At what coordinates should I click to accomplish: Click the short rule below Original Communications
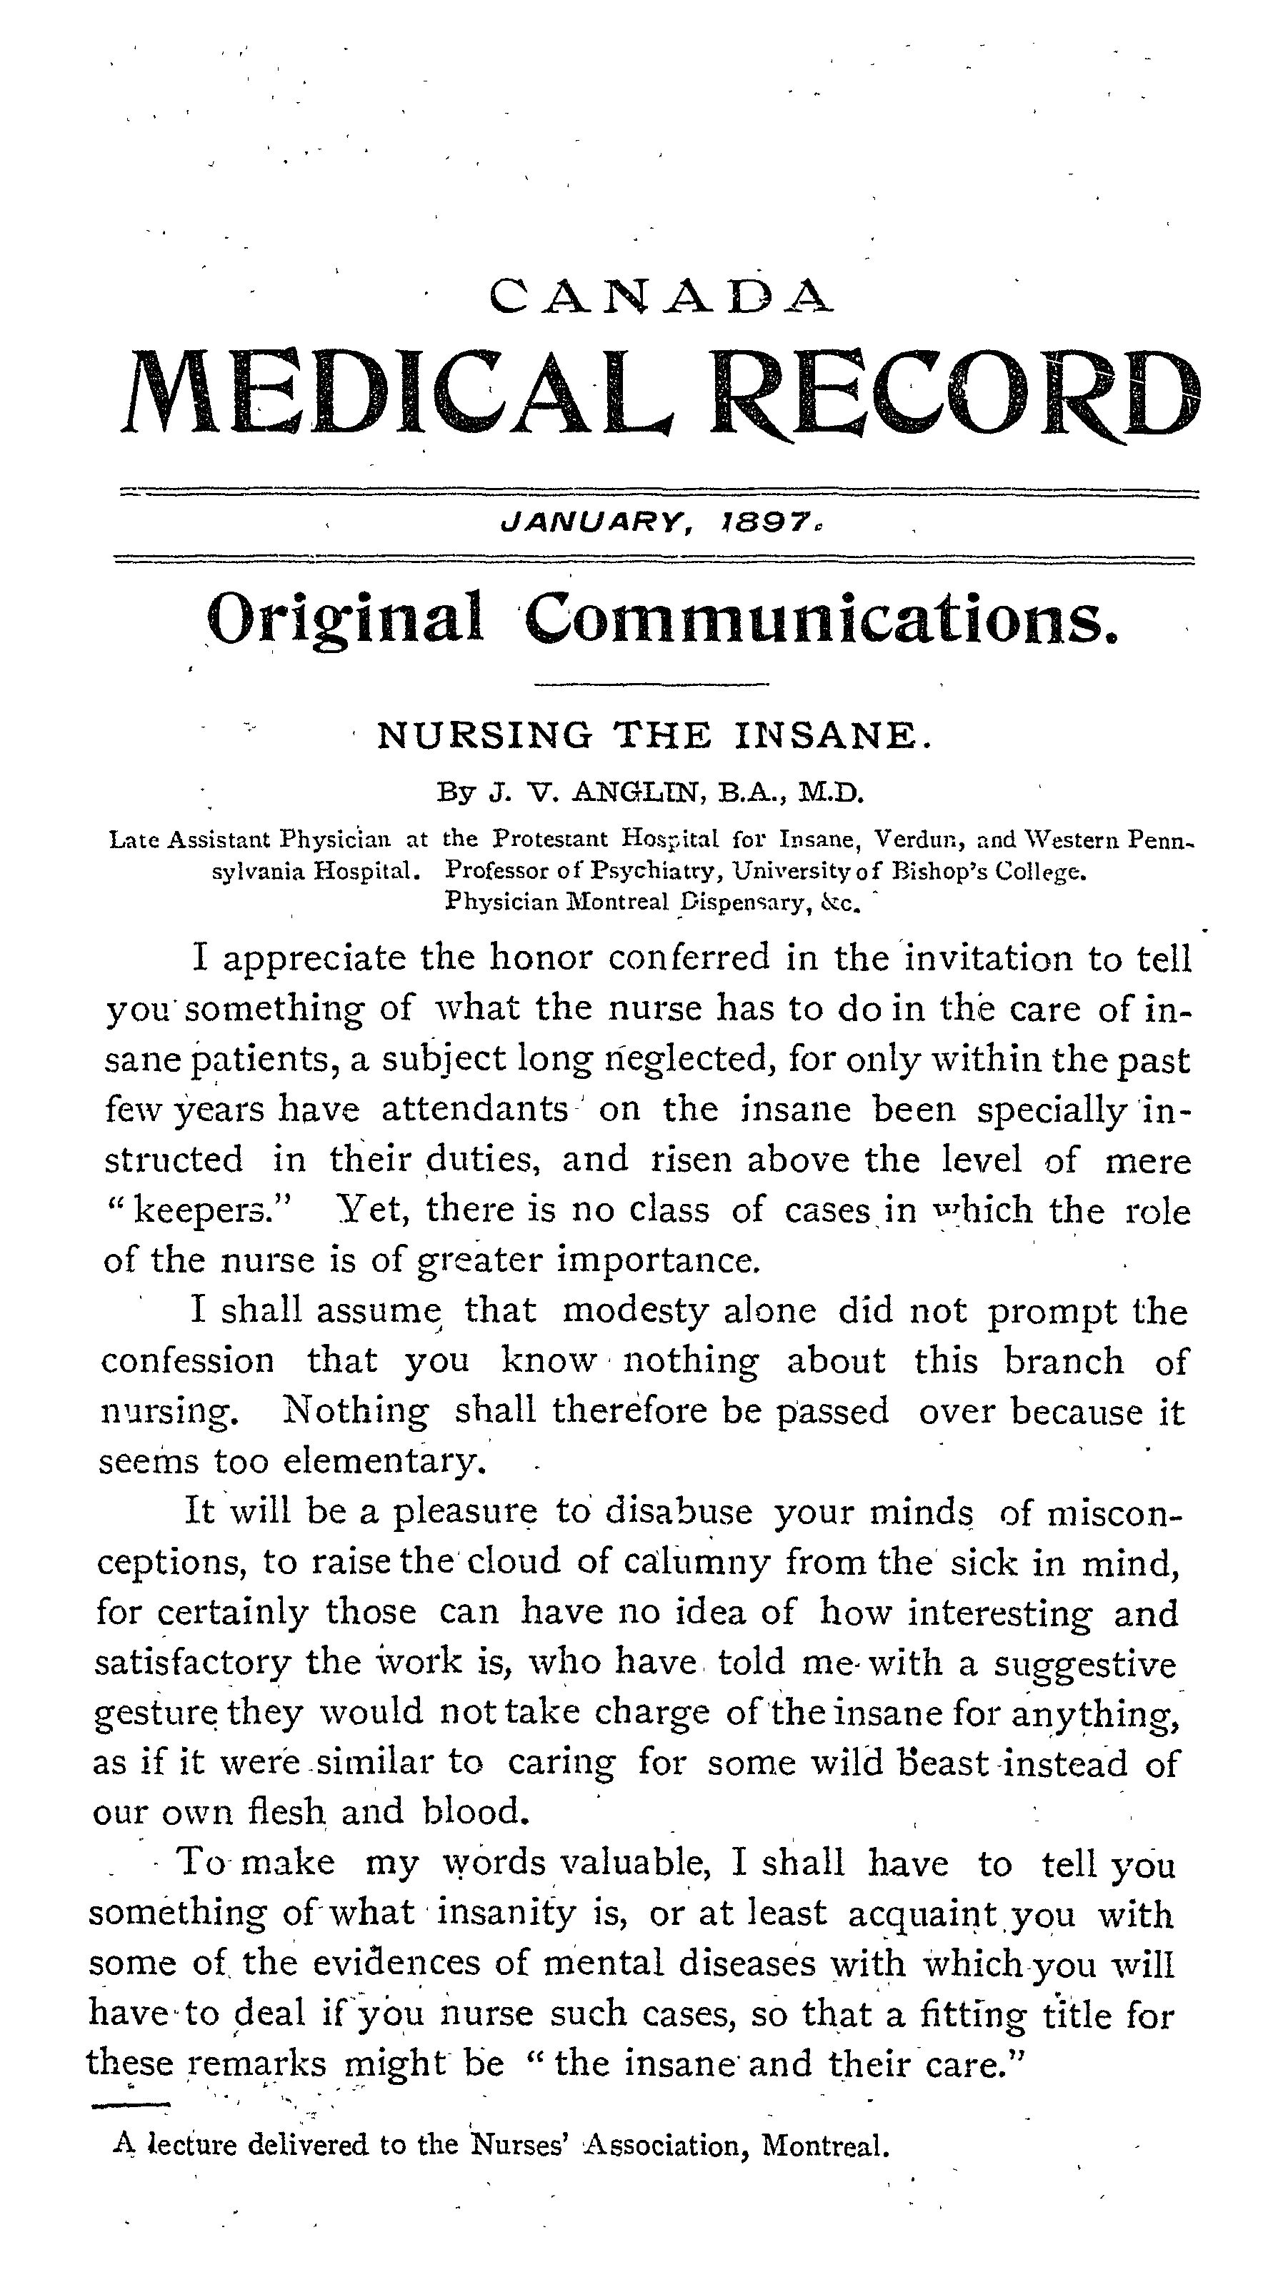(652, 684)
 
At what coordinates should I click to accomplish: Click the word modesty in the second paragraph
(634, 1312)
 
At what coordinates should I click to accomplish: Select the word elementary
(385, 1462)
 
